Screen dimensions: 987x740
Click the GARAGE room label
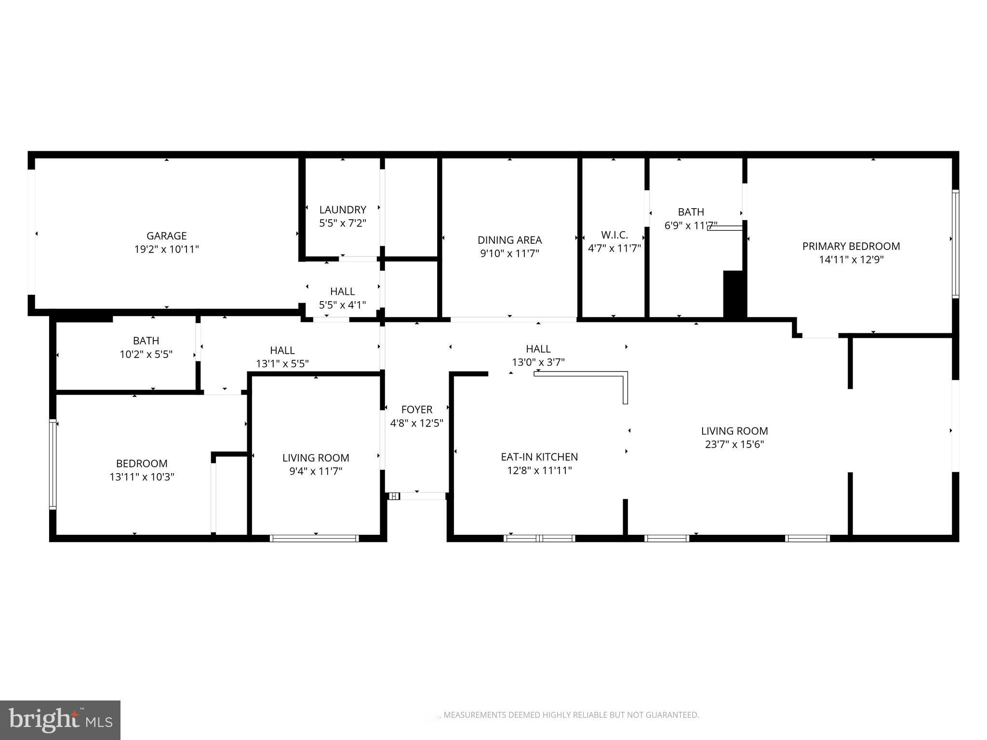click(166, 236)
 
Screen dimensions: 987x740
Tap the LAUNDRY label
click(343, 210)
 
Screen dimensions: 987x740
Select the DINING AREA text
click(509, 240)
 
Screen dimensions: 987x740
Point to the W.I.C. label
click(614, 235)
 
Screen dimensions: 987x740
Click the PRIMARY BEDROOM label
click(851, 246)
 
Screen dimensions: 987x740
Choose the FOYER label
click(417, 410)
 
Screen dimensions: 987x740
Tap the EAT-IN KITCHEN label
click(539, 457)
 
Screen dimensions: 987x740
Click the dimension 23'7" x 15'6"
click(734, 444)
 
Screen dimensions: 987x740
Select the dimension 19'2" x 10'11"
click(166, 249)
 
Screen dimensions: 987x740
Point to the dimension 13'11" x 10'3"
click(142, 477)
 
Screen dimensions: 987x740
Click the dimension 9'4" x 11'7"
click(316, 471)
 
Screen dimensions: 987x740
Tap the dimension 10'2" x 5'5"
click(146, 355)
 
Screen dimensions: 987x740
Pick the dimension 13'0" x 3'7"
click(538, 362)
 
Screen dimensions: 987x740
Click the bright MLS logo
click(60, 720)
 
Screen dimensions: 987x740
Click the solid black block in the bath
click(734, 294)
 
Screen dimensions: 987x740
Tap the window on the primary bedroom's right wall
click(955, 244)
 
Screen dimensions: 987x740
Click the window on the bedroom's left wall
click(53, 464)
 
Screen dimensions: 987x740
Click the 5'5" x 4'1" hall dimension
click(343, 305)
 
